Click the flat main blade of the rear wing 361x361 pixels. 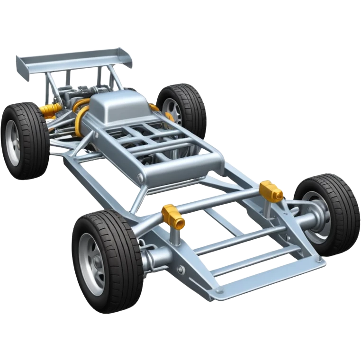(x=71, y=57)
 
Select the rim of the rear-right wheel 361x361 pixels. (x=173, y=111)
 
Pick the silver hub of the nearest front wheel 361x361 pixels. (x=93, y=263)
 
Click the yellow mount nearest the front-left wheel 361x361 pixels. (x=170, y=215)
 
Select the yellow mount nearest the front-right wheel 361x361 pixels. (x=271, y=190)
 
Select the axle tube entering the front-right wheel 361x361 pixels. (x=303, y=220)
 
